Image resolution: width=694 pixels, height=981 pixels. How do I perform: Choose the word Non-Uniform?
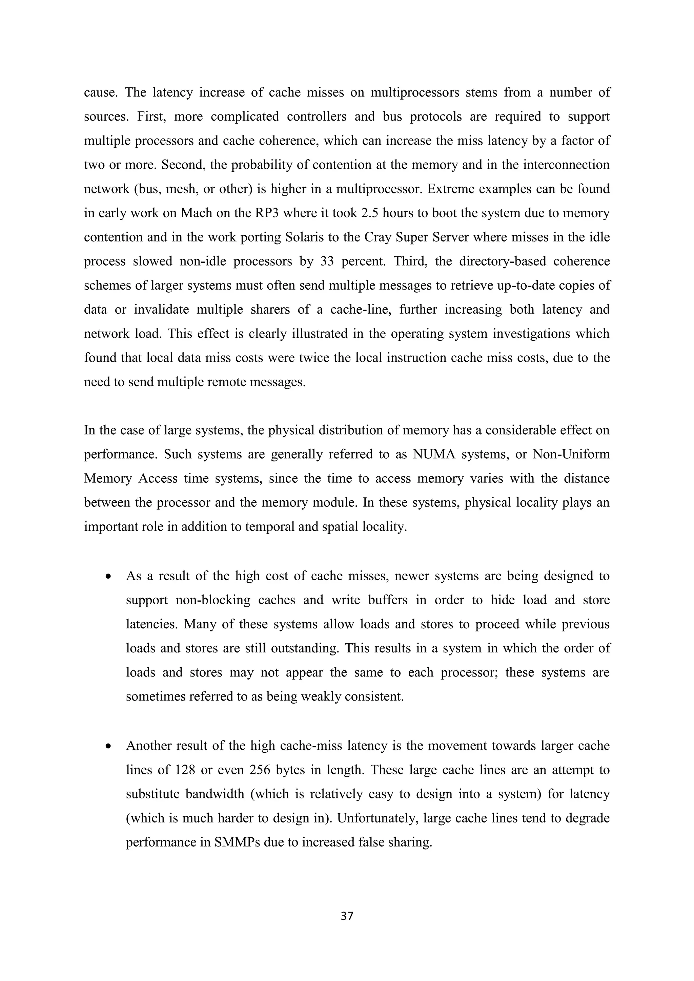pos(571,454)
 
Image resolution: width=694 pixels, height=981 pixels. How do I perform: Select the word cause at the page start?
pos(100,92)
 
